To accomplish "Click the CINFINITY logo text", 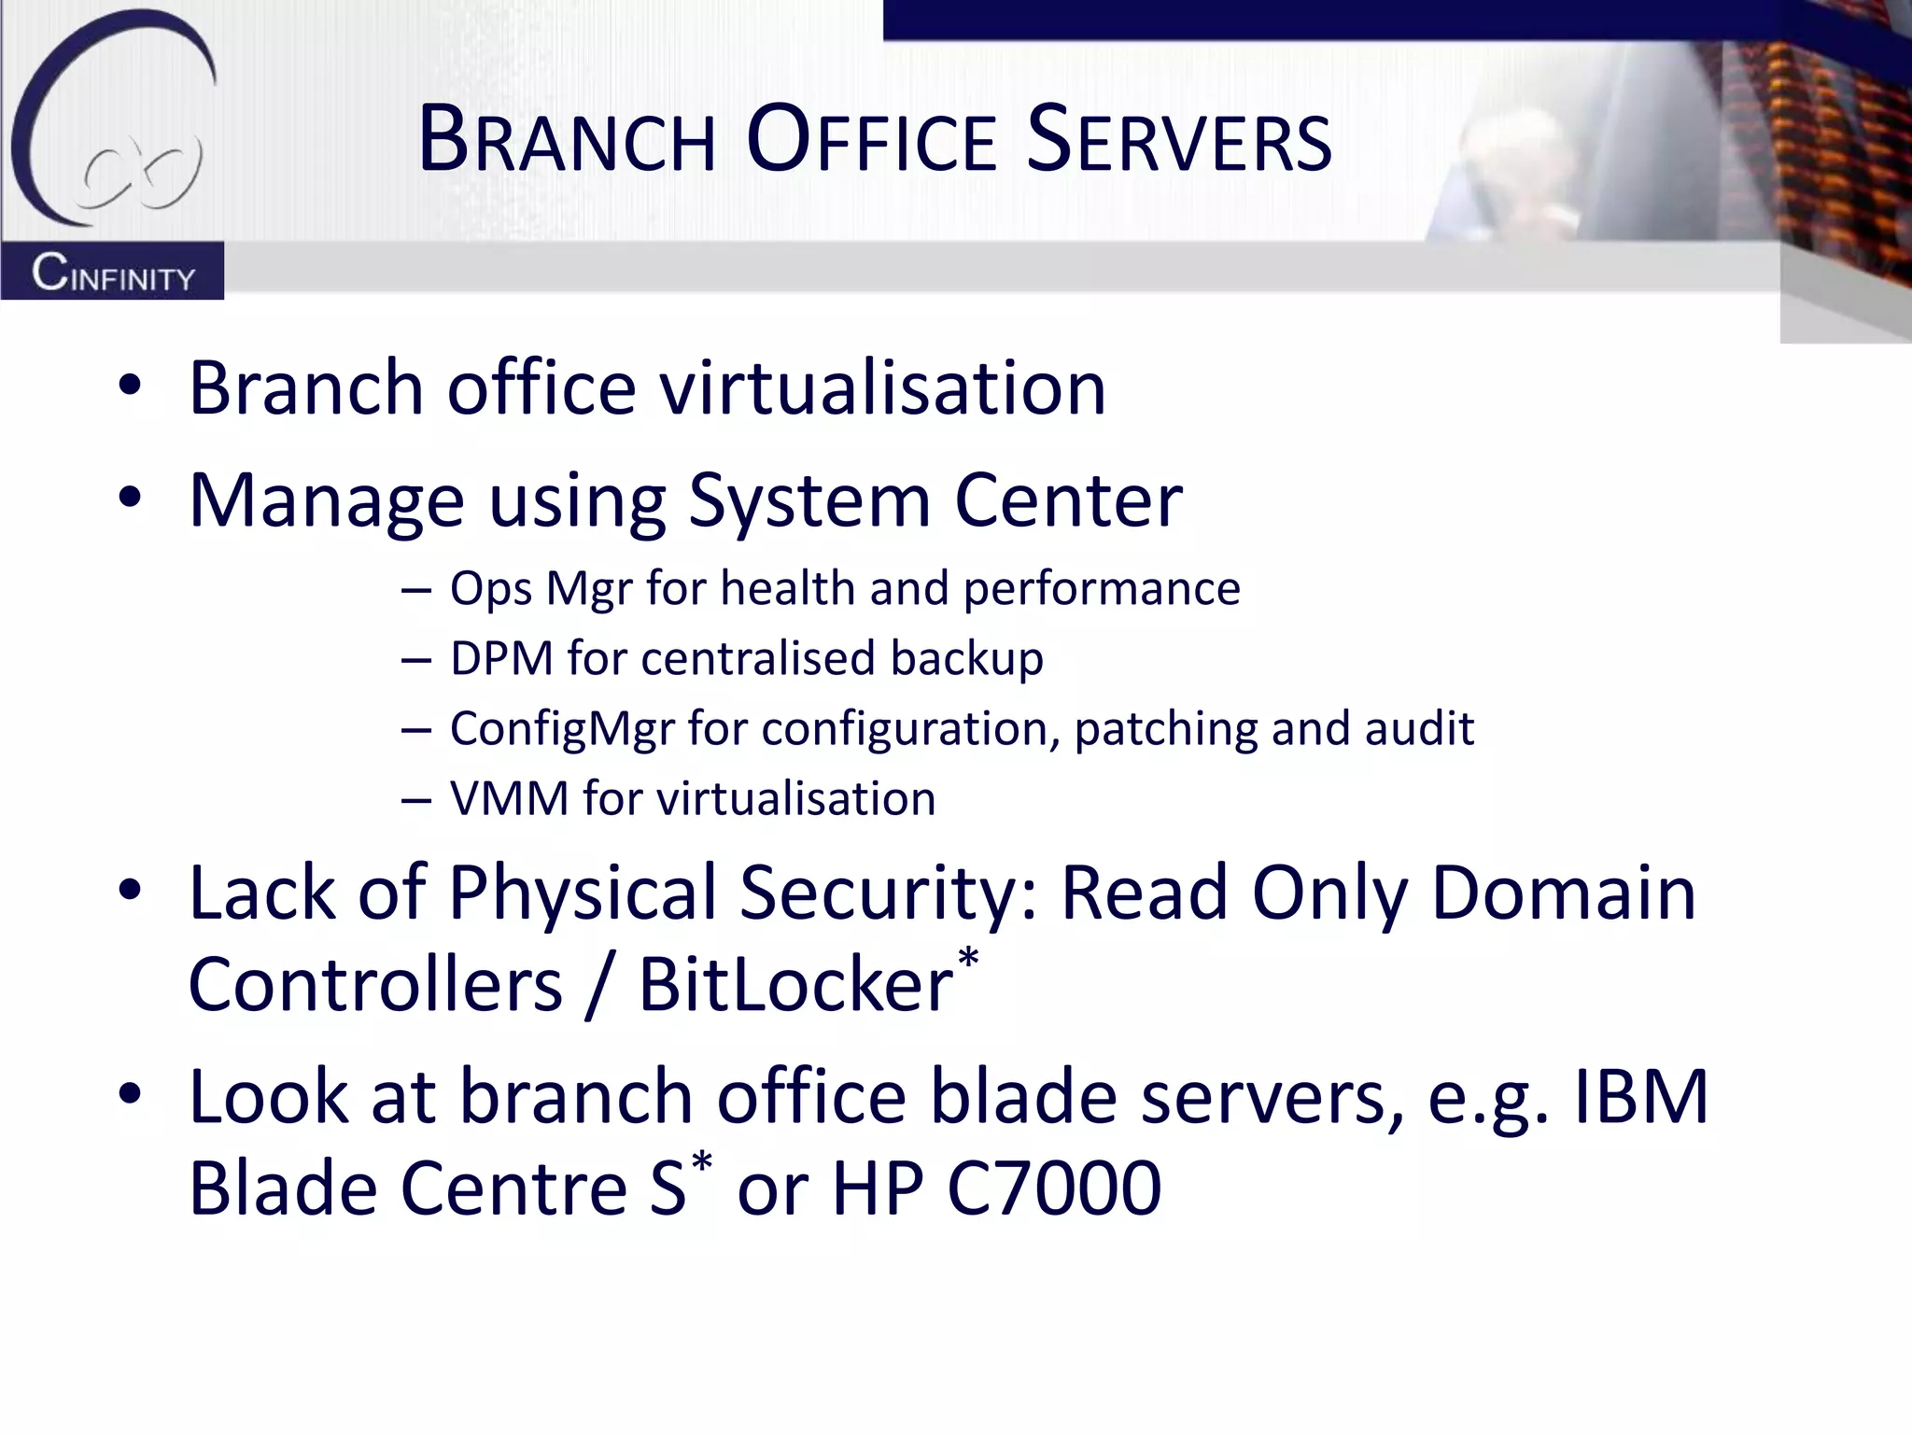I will pos(113,274).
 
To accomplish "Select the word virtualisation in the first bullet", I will pos(882,387).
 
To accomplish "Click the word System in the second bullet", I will pos(808,501).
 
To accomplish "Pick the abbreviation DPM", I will pos(501,658).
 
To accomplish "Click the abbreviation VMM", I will pos(509,799).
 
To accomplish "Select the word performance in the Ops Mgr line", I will pos(1101,589).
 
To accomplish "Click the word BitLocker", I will pos(794,985).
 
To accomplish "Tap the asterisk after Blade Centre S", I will pos(701,1164).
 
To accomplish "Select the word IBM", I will pos(1640,1097).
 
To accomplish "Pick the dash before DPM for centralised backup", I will pos(416,660).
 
